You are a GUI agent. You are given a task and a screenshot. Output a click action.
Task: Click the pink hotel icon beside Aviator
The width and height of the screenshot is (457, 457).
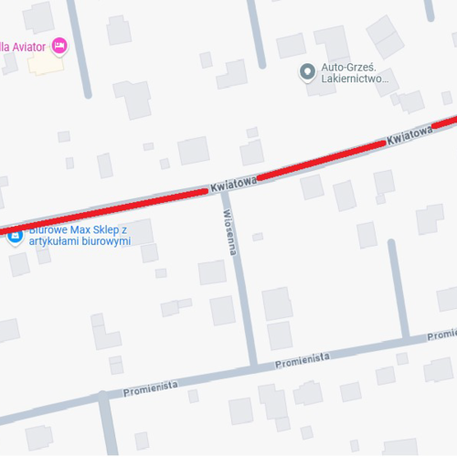point(60,45)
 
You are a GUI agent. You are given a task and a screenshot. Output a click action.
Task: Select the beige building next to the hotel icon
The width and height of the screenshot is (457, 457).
point(40,63)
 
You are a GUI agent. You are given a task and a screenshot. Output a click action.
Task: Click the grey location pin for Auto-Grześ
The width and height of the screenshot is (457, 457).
point(307,70)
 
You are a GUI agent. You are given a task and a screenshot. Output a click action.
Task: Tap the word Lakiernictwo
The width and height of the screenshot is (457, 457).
point(355,80)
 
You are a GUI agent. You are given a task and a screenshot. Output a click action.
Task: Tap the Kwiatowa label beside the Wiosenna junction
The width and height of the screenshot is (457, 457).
point(232,185)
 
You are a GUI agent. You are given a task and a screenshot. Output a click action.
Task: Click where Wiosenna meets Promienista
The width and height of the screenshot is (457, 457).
point(252,367)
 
